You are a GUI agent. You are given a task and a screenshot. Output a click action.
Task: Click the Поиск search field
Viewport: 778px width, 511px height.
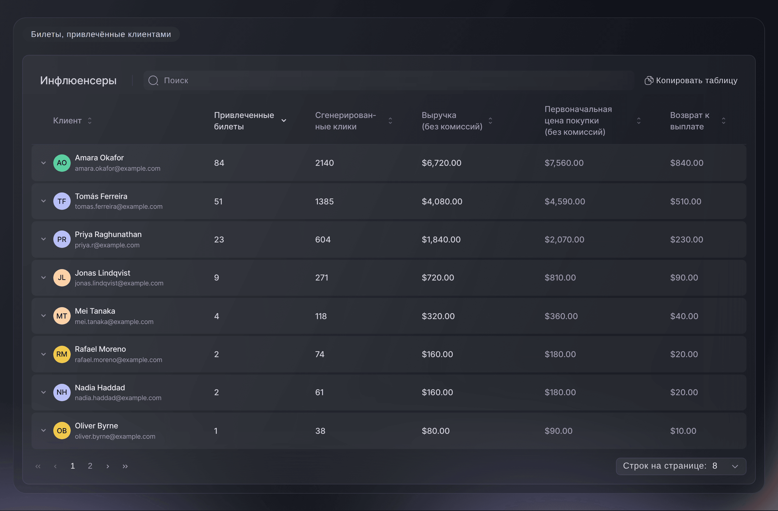click(x=389, y=80)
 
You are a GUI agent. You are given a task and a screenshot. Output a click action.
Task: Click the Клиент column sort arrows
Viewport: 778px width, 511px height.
click(x=89, y=121)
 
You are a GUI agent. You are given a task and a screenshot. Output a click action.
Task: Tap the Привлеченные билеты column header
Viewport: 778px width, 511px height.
click(x=244, y=121)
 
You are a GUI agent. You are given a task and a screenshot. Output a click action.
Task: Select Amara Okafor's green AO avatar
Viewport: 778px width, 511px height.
click(x=62, y=163)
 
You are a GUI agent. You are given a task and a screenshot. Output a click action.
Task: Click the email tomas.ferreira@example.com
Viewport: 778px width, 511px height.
click(x=119, y=207)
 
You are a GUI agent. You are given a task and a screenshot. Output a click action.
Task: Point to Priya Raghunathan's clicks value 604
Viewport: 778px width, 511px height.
click(x=323, y=240)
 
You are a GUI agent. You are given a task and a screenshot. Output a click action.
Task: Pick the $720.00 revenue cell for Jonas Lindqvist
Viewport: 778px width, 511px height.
click(x=438, y=278)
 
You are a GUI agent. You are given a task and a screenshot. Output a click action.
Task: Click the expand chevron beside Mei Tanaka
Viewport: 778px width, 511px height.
click(x=43, y=316)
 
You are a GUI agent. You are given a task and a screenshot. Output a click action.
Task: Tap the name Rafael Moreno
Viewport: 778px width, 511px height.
click(x=100, y=349)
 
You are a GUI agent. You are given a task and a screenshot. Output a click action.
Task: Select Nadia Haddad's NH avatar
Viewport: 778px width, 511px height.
click(x=62, y=392)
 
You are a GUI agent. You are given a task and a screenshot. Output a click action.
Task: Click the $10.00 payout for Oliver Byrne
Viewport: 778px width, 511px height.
click(x=683, y=431)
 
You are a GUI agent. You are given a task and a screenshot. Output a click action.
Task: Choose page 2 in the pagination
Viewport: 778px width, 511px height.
click(x=90, y=466)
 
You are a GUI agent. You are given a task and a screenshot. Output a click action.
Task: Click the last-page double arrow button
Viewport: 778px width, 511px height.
click(x=125, y=466)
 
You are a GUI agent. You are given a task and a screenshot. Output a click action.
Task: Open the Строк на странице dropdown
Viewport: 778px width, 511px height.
click(x=681, y=466)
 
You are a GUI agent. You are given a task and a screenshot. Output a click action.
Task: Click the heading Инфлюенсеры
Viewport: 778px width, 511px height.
click(x=79, y=80)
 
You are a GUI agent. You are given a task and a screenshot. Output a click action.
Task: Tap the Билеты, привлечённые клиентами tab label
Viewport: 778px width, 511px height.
click(x=101, y=34)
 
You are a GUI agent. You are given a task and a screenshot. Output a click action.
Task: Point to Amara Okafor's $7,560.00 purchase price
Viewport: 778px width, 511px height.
click(x=564, y=163)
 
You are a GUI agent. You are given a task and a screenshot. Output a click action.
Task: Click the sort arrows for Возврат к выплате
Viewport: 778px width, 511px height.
click(x=724, y=121)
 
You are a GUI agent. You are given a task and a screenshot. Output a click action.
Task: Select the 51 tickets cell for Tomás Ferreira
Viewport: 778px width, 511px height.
click(x=218, y=201)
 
